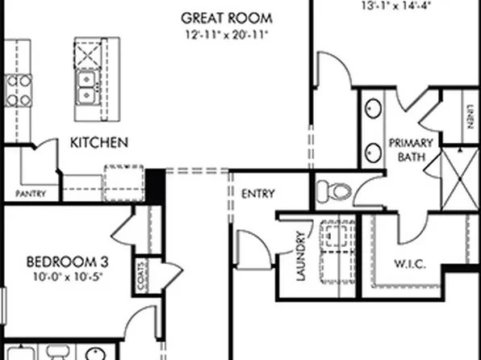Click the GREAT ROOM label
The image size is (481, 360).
click(226, 17)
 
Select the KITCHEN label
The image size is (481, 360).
click(99, 143)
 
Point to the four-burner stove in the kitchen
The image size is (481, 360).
click(18, 90)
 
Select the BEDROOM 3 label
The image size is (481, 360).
click(68, 262)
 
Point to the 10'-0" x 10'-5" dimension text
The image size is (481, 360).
click(68, 277)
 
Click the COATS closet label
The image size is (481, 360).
click(142, 275)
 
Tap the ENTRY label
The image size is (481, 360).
click(258, 194)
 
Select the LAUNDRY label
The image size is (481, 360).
click(300, 257)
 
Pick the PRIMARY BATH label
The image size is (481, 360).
click(412, 149)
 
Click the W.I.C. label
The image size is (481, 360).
click(410, 264)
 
